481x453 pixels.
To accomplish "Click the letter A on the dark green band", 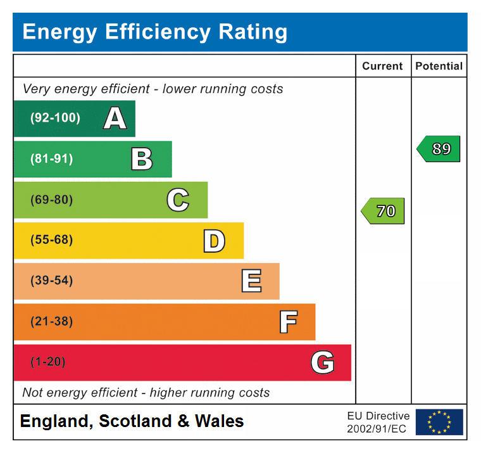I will pyautogui.click(x=115, y=118).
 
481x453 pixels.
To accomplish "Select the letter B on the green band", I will pyautogui.click(x=142, y=159).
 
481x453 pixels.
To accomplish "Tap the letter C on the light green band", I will pyautogui.click(x=178, y=200).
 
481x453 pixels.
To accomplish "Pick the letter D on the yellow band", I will pyautogui.click(x=214, y=241).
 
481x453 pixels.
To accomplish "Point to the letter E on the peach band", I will pyautogui.click(x=251, y=281).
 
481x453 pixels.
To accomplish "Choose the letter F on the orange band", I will pyautogui.click(x=288, y=322).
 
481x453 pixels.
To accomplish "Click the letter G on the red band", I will pyautogui.click(x=323, y=362).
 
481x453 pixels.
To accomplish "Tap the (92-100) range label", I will pyautogui.click(x=55, y=118).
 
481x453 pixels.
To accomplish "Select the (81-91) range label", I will pyautogui.click(x=51, y=159).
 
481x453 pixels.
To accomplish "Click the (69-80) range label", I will pyautogui.click(x=51, y=200).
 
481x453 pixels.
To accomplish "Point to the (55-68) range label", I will pyautogui.click(x=51, y=241).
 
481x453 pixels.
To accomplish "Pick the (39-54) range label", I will pyautogui.click(x=51, y=281).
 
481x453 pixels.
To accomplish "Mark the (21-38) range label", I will pyautogui.click(x=51, y=322).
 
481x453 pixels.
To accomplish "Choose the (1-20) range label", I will pyautogui.click(x=47, y=362).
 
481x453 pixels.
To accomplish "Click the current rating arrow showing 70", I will pyautogui.click(x=384, y=211).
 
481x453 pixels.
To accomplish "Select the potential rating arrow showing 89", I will pyautogui.click(x=439, y=150).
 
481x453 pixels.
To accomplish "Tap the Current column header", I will pyautogui.click(x=382, y=66).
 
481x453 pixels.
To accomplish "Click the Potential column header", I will pyautogui.click(x=439, y=66).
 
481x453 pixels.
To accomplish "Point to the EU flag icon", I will pyautogui.click(x=439, y=422).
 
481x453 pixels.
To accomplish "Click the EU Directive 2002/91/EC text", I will pyautogui.click(x=378, y=423).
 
